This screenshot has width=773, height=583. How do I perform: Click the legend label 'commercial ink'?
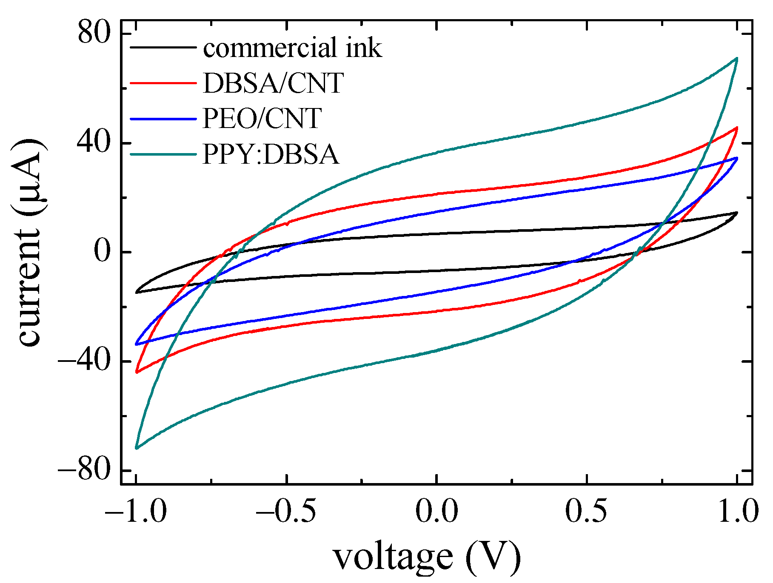292,48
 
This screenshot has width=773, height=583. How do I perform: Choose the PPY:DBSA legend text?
271,154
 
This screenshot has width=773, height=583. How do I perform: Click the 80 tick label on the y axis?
94,33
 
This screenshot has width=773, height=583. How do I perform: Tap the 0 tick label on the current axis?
102,252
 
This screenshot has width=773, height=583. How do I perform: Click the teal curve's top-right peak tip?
736,59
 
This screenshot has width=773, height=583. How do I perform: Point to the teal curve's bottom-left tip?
136,448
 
